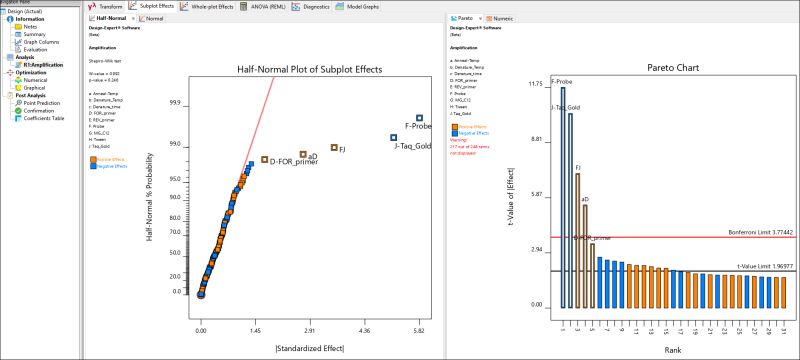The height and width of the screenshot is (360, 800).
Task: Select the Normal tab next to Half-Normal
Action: tap(147, 18)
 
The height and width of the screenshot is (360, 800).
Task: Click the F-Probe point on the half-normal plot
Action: tap(420, 118)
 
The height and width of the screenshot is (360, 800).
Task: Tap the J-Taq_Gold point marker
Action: tap(394, 137)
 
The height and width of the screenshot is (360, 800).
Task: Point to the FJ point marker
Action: tap(334, 148)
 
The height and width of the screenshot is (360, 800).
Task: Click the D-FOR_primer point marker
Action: tap(264, 159)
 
